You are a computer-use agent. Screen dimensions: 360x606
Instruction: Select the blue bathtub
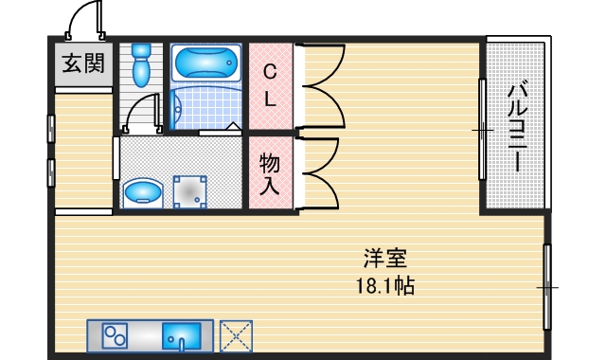(x=206, y=63)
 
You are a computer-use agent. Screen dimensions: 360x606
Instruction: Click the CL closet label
(x=270, y=84)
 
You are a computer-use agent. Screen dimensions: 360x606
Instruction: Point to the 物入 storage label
(x=270, y=173)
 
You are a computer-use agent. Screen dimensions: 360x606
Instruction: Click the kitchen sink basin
(x=182, y=336)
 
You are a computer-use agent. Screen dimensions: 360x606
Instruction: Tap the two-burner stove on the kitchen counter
(x=116, y=336)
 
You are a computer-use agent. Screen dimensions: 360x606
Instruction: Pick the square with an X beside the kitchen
(x=236, y=336)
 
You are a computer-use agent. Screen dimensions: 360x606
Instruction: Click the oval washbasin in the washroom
(x=143, y=192)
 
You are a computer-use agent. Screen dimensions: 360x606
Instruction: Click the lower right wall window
(x=546, y=285)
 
